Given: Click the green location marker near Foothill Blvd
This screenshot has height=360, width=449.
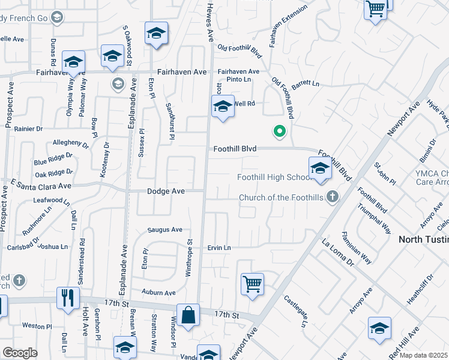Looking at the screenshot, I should pyautogui.click(x=279, y=130).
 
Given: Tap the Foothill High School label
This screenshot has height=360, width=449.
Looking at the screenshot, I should pyautogui.click(x=273, y=177).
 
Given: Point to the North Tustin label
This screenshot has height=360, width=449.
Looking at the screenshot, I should pyautogui.click(x=424, y=239).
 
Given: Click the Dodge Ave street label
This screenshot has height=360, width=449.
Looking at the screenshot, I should pyautogui.click(x=167, y=191).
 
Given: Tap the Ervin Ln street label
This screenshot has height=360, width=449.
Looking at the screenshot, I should pyautogui.click(x=219, y=247).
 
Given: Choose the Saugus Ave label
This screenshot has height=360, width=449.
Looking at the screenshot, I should pyautogui.click(x=165, y=230).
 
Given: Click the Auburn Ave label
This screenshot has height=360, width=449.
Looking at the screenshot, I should pyautogui.click(x=158, y=293).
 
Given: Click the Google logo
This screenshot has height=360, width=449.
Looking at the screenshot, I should pyautogui.click(x=19, y=353).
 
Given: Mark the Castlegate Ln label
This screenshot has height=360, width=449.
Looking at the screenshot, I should pyautogui.click(x=296, y=310).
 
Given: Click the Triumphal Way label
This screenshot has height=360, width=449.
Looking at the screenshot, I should pyautogui.click(x=374, y=221).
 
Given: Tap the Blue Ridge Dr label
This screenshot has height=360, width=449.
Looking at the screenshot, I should pyautogui.click(x=53, y=159).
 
